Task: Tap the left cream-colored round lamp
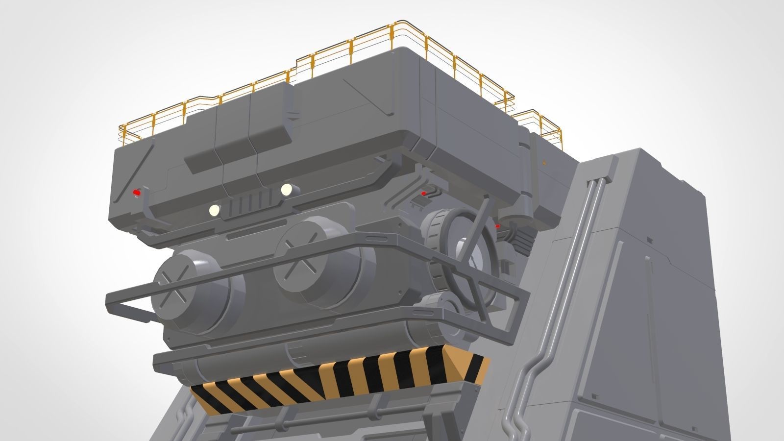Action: click(214, 210)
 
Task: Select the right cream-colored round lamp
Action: click(287, 189)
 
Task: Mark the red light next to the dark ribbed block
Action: click(498, 226)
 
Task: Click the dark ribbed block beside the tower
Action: click(522, 240)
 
